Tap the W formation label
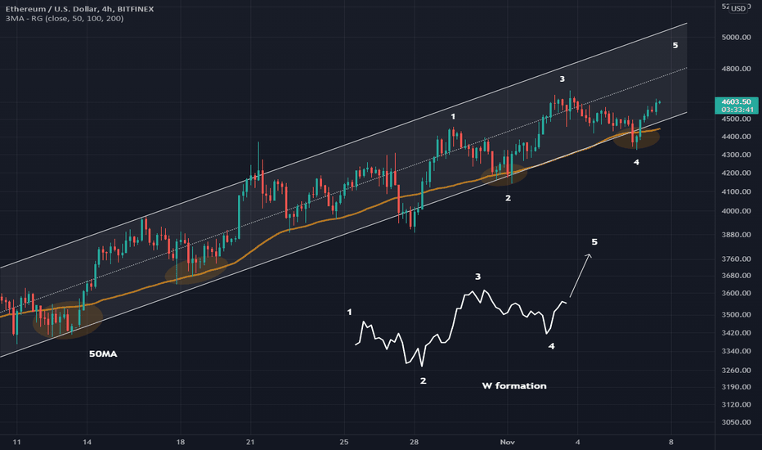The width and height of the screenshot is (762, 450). point(513,385)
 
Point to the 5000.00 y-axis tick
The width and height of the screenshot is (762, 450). point(736,38)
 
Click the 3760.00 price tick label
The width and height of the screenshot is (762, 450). point(736,259)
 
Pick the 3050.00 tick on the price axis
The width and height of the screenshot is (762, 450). point(736,422)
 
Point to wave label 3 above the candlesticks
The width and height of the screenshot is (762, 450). point(562,79)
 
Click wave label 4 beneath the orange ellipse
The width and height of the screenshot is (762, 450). point(636,162)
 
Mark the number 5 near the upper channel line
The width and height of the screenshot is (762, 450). point(675,45)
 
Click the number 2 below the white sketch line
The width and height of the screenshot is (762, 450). point(423,380)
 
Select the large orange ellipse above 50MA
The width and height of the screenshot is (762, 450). point(68,321)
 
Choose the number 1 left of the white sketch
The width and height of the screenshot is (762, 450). point(350,312)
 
